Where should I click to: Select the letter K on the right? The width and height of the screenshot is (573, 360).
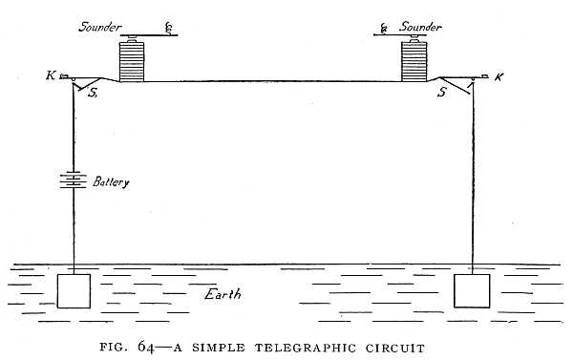click(x=500, y=74)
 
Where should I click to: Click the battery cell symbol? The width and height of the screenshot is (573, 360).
click(x=74, y=180)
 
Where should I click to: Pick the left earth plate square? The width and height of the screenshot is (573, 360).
click(x=74, y=291)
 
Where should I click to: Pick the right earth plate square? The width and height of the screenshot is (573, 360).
click(x=473, y=291)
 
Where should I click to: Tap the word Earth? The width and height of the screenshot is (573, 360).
click(x=226, y=293)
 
